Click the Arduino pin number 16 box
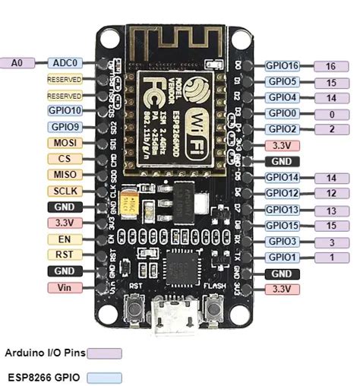coord(330,67)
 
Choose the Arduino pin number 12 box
coord(330,194)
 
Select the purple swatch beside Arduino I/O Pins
coord(105,353)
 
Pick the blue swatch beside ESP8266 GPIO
coord(105,376)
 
